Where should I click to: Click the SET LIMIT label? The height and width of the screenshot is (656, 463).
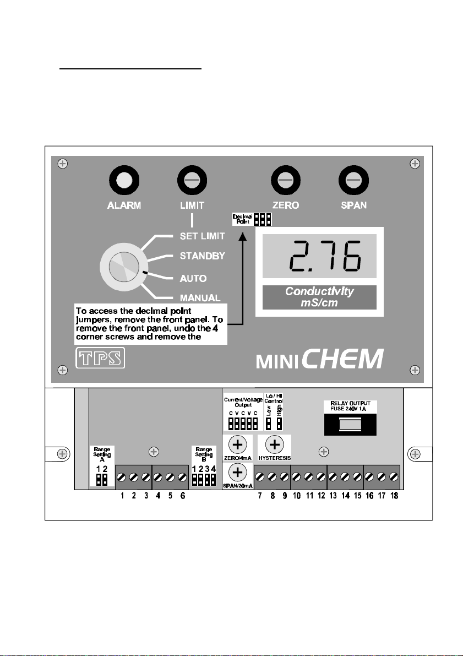coord(202,236)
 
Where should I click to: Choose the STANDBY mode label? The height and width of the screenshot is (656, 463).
coord(202,256)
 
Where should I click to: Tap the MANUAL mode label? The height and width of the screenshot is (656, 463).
coord(200,298)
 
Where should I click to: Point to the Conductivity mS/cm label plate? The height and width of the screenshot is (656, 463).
coord(319,297)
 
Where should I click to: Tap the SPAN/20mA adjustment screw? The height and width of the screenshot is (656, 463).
coord(237,471)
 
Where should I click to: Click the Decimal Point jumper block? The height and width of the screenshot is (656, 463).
coord(262,219)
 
